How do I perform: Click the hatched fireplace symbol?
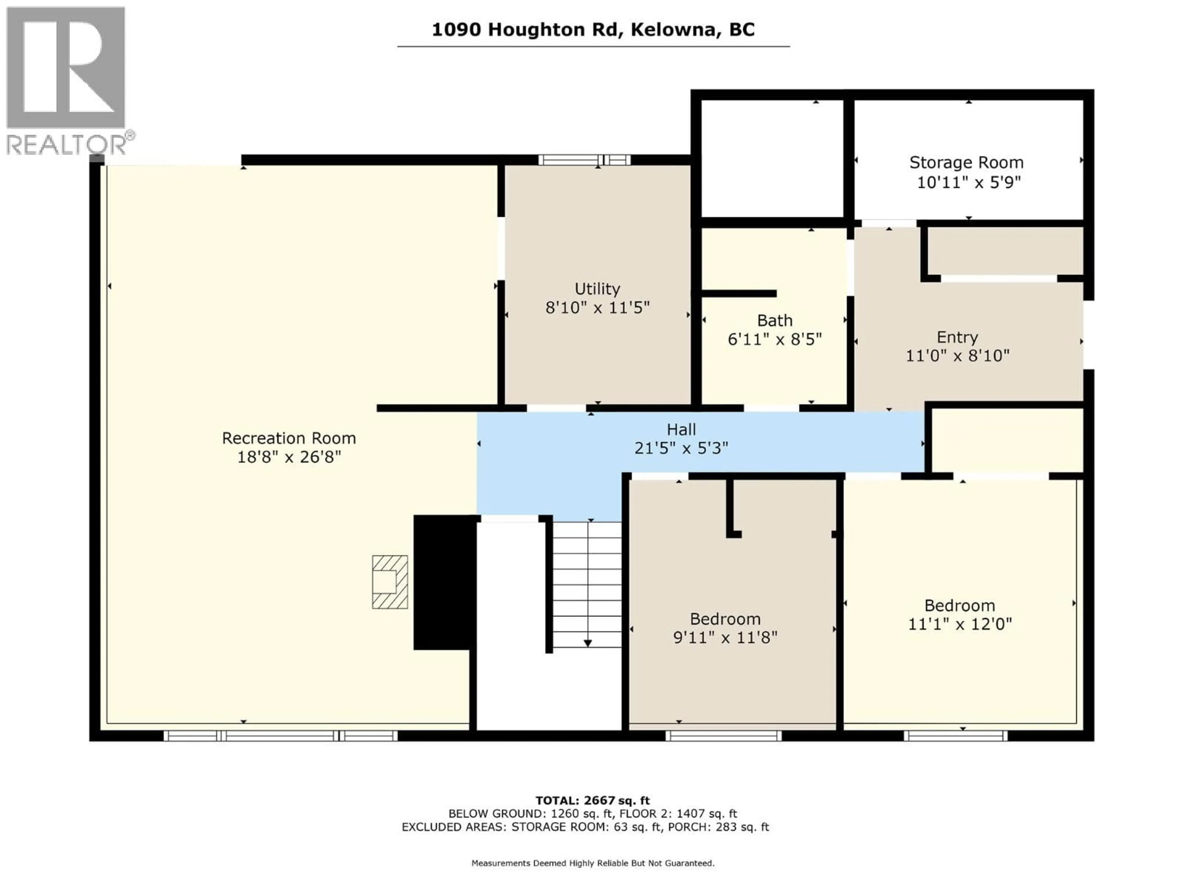tap(390, 582)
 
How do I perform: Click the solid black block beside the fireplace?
tap(443, 582)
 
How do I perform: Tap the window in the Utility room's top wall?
tap(584, 159)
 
